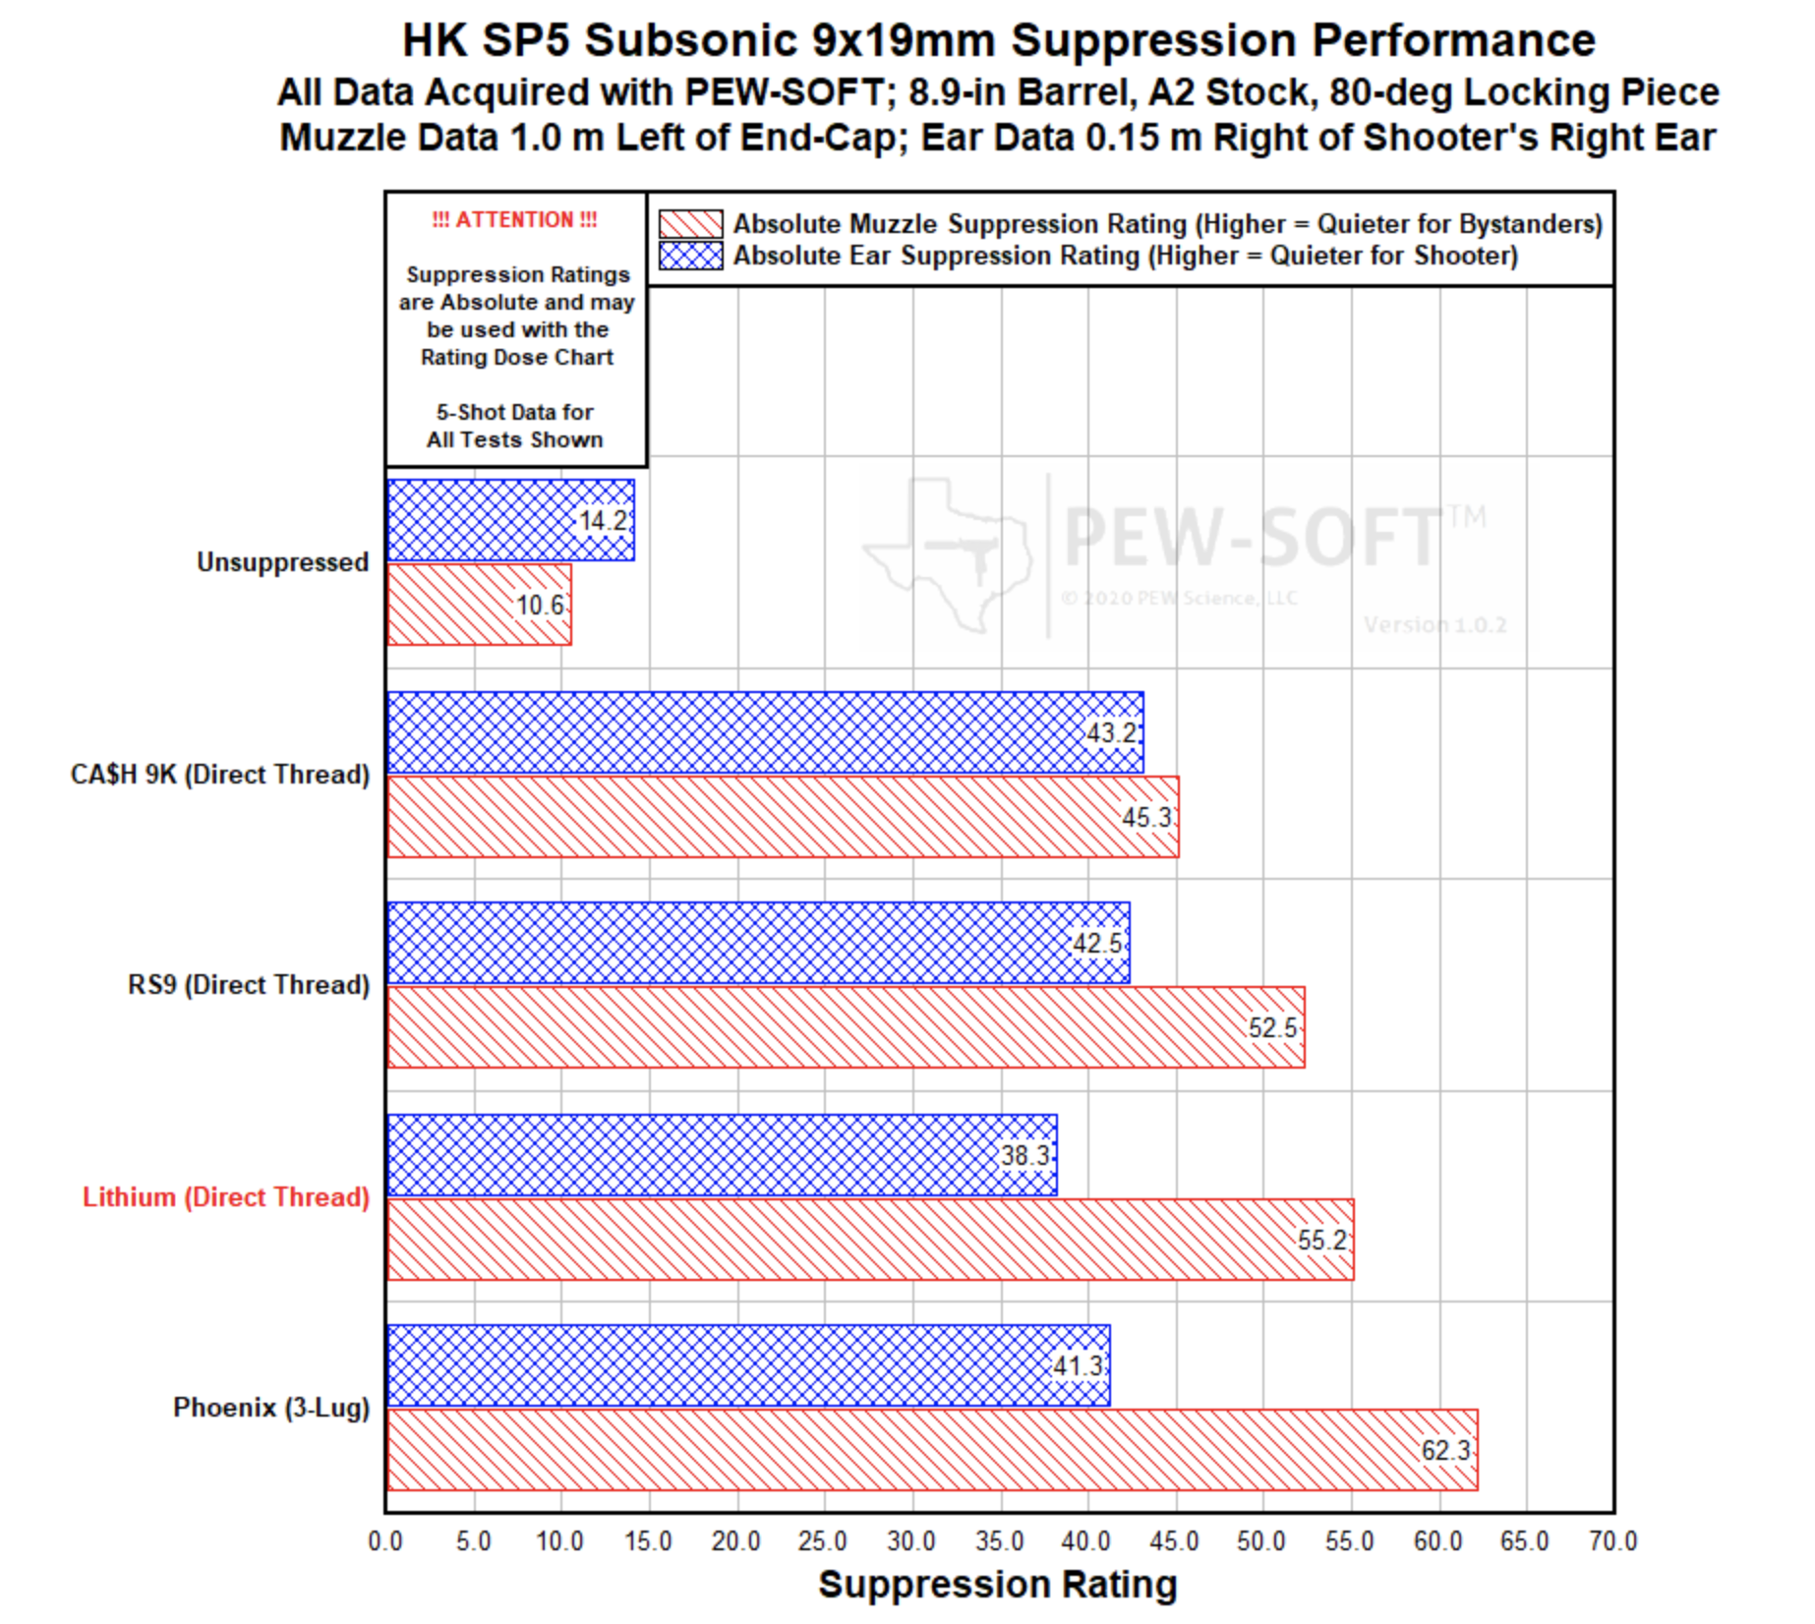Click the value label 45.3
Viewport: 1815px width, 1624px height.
pyautogui.click(x=1146, y=817)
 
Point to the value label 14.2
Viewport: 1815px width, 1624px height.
pyautogui.click(x=602, y=520)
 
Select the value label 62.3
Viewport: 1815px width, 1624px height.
pyautogui.click(x=1445, y=1450)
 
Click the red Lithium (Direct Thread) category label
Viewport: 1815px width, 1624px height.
pyautogui.click(x=226, y=1197)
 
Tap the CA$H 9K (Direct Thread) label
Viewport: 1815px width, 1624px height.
pyautogui.click(x=220, y=775)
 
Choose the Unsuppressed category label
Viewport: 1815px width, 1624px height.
pyautogui.click(x=282, y=562)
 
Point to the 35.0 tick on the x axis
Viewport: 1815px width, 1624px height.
pyautogui.click(x=1000, y=1541)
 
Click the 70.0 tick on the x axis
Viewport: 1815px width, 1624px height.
pyautogui.click(x=1612, y=1541)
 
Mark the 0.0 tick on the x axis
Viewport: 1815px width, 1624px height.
pyautogui.click(x=385, y=1541)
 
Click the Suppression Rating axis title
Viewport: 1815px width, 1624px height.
pyautogui.click(x=997, y=1585)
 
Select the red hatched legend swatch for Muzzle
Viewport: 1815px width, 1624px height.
pyautogui.click(x=690, y=224)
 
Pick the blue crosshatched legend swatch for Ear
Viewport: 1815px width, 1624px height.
pyautogui.click(x=690, y=256)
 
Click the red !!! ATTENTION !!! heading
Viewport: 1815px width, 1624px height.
pyautogui.click(x=514, y=220)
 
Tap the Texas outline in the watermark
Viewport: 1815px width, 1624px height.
pyautogui.click(x=949, y=551)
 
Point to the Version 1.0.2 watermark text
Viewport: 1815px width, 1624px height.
pyautogui.click(x=1434, y=625)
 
